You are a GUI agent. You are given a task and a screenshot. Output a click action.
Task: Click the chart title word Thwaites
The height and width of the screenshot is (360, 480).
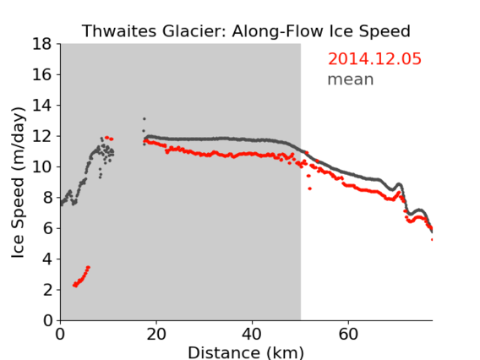pos(120,31)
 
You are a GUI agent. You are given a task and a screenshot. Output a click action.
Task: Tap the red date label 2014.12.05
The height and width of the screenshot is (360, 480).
pos(374,59)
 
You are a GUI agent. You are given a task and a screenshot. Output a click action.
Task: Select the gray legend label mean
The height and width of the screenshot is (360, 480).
pos(351,79)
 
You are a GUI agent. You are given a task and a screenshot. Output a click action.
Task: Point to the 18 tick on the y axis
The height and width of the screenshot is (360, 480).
pos(41,44)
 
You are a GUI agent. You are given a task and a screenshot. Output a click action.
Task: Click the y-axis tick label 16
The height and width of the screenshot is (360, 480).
pos(41,74)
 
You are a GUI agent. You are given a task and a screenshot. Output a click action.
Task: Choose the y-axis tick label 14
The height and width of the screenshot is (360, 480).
pos(41,106)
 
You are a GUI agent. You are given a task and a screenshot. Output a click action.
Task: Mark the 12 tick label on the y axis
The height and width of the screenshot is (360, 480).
pos(41,136)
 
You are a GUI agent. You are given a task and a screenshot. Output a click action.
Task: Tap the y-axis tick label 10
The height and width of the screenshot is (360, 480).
pos(41,167)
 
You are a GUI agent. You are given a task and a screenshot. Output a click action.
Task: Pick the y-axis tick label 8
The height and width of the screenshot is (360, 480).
pos(47,198)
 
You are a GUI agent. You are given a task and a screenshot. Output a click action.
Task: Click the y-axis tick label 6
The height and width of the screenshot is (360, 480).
pos(47,229)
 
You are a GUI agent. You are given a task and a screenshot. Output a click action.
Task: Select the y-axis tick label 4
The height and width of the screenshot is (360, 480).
pos(47,259)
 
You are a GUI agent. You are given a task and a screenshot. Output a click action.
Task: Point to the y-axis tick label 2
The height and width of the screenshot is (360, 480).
pos(47,290)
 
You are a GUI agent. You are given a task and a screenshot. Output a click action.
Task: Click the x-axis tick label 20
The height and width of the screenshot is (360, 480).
pos(156,335)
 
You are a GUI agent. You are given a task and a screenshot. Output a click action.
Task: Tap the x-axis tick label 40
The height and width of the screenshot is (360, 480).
pos(252,335)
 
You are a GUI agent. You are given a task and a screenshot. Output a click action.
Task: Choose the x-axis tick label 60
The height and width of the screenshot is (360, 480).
pos(348,335)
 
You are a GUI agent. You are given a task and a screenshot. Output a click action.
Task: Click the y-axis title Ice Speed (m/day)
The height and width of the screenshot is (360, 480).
pos(18,183)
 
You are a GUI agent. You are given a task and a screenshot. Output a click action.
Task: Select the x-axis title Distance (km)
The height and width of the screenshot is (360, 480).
pos(246,352)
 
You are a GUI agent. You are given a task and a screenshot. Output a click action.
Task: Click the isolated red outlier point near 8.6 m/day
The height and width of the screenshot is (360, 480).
pos(310,188)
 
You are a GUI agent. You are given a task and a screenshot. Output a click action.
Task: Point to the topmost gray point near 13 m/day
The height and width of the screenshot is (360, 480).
pos(145,119)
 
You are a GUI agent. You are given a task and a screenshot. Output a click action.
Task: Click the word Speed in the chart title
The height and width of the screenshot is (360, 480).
pos(385,31)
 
